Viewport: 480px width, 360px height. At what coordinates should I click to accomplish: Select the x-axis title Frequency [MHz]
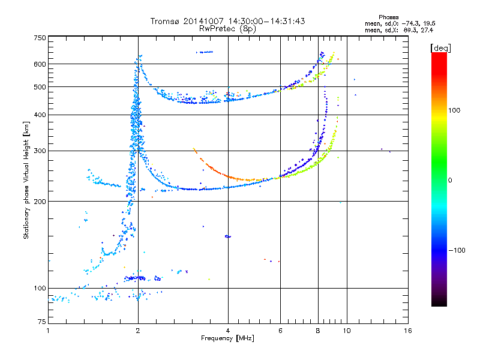227,339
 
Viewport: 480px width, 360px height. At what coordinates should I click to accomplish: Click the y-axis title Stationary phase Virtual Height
26,180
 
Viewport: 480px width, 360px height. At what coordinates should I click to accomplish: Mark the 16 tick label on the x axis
407,331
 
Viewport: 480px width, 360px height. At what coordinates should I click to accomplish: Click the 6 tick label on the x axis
280,331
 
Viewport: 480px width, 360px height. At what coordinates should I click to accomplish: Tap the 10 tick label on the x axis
346,331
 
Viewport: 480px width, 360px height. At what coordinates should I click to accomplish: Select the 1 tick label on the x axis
48,331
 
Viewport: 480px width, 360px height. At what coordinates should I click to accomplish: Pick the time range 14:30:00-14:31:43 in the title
266,21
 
